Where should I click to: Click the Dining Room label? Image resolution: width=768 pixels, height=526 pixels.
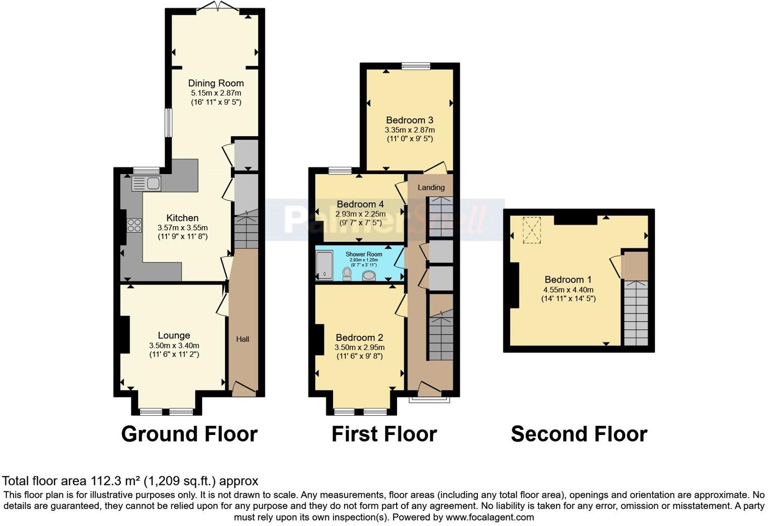[216, 83]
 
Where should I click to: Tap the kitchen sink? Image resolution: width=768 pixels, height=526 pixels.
[146, 184]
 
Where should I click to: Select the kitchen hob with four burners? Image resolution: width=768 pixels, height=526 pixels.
[134, 225]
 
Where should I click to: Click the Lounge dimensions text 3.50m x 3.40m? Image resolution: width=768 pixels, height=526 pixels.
[174, 345]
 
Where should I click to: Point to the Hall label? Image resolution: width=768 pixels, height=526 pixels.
[243, 339]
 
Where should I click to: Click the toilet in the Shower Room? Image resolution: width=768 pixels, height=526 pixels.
[347, 274]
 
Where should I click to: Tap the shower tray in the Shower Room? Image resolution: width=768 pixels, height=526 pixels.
[324, 266]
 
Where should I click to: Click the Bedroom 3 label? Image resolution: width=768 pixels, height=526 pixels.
[409, 120]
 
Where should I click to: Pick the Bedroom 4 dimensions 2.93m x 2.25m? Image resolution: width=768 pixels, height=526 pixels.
[360, 214]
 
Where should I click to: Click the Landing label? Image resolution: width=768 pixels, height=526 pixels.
[431, 188]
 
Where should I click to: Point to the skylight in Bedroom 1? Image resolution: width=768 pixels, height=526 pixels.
[532, 230]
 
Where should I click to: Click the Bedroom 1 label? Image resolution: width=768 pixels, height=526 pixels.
[568, 280]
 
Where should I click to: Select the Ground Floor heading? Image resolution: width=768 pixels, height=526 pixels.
[189, 434]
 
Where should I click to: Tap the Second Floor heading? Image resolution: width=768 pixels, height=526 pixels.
[579, 434]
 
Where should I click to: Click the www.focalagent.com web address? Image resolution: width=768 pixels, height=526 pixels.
[490, 517]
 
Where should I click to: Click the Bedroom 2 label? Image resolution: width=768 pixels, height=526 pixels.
[359, 338]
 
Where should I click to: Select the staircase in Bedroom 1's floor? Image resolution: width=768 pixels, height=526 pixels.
[636, 313]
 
